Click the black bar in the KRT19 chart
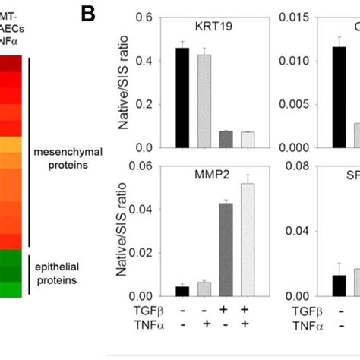click(182, 98)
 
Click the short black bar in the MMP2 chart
click(182, 291)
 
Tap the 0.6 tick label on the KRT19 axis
click(145, 17)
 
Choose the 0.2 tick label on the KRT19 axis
click(145, 105)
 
